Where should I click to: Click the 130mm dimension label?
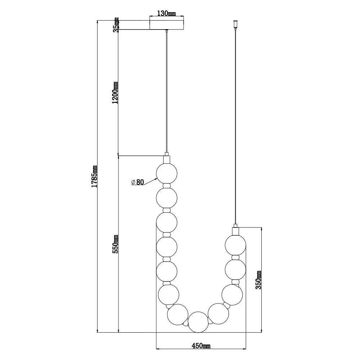pos(166,13)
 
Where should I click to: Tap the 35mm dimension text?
pos(117,25)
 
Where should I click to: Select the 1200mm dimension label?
pos(115,93)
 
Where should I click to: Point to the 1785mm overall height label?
pos(94,176)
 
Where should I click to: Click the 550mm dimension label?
pos(115,244)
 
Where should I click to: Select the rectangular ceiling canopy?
pos(167,25)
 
